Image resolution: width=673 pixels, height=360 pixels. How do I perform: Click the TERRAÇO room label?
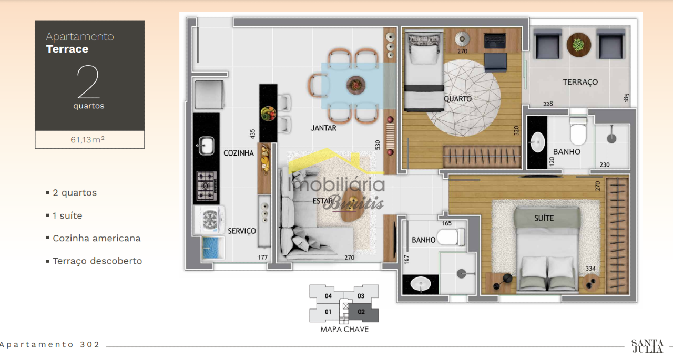(580, 83)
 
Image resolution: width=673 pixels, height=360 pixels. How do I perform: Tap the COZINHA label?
(239, 153)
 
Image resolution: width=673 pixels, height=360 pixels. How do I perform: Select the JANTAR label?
(323, 128)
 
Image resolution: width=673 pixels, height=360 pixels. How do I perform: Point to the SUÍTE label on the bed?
(544, 218)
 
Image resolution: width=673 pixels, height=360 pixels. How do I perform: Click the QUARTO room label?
(457, 99)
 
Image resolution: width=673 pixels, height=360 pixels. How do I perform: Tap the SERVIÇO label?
(242, 231)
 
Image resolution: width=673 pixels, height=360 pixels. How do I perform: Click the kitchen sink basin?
(206, 146)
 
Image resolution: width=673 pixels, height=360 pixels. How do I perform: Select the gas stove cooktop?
(207, 186)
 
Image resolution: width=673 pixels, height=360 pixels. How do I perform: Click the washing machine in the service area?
(209, 220)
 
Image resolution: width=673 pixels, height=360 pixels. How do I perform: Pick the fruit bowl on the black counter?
(268, 114)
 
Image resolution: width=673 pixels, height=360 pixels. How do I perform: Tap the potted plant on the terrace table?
(578, 45)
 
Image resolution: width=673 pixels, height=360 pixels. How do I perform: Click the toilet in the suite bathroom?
(451, 237)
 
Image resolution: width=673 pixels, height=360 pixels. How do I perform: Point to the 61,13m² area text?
(87, 140)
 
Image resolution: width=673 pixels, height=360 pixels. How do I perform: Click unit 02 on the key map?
(361, 312)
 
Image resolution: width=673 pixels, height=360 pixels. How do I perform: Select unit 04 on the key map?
(328, 296)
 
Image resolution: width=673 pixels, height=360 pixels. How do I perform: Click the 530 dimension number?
(378, 145)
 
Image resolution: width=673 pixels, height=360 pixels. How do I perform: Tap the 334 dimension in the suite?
(590, 269)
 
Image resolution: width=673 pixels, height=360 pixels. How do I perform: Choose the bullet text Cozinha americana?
(97, 239)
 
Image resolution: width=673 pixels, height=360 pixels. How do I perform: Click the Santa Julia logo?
(647, 346)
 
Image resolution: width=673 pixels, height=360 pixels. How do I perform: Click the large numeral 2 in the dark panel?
(88, 82)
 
